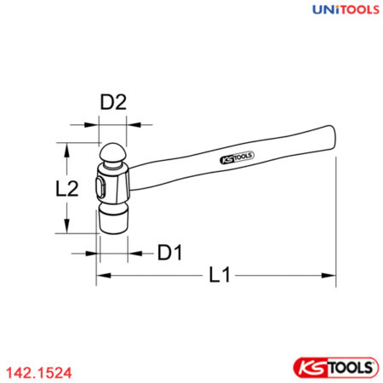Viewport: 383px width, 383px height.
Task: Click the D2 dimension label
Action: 113,102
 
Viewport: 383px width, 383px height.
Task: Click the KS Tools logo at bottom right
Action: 335,368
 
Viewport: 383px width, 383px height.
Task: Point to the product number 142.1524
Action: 37,371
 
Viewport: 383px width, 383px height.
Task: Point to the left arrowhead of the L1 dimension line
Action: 100,276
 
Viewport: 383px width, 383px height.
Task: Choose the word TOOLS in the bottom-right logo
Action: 349,368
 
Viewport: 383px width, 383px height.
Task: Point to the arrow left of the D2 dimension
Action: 93,124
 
